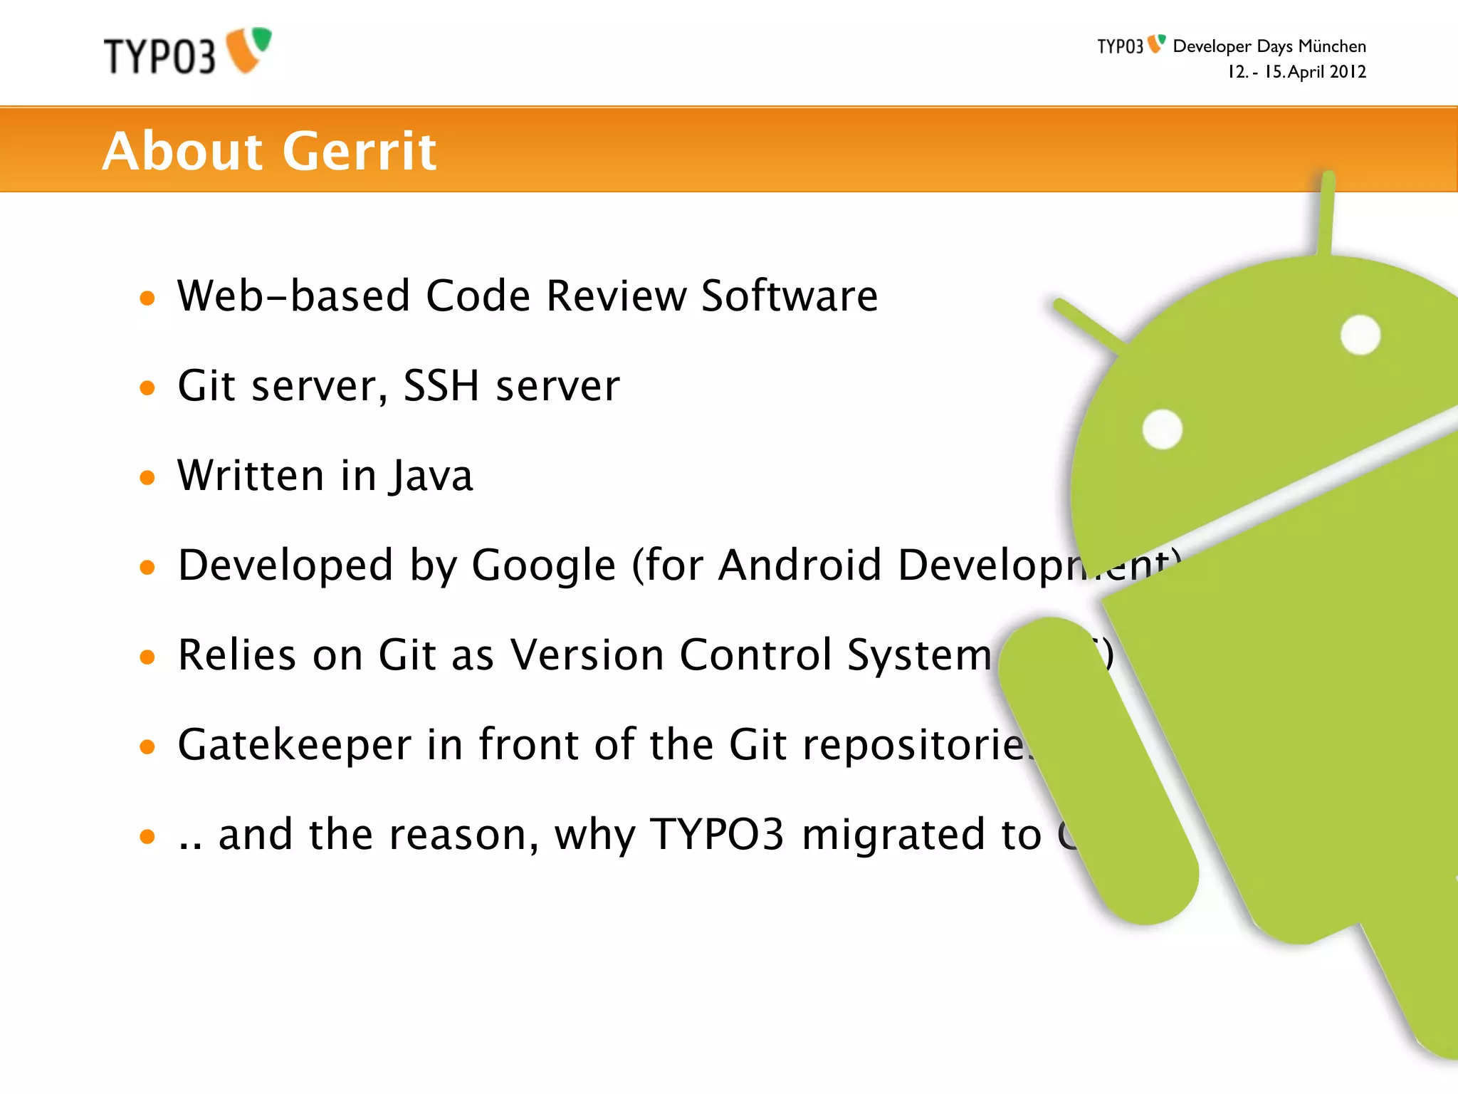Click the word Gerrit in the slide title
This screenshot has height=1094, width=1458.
click(360, 151)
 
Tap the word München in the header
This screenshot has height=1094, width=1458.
click(1332, 46)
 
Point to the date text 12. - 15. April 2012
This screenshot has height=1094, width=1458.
click(1296, 72)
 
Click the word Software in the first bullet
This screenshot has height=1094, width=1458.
click(790, 296)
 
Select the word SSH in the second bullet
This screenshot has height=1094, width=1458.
click(441, 386)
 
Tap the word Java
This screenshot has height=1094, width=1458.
click(431, 476)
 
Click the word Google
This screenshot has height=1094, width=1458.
click(544, 566)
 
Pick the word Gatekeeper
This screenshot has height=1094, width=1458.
click(294, 745)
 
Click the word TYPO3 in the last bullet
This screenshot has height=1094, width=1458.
click(718, 834)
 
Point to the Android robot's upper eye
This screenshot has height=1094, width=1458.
click(1360, 335)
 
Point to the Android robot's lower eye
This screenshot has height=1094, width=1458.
click(1163, 429)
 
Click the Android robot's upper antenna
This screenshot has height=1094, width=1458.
click(1326, 214)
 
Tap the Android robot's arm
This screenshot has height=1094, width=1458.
click(1096, 769)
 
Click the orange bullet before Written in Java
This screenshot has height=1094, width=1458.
click(147, 477)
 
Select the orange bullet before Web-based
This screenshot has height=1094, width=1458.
click(147, 298)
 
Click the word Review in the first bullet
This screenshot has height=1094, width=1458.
click(615, 296)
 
